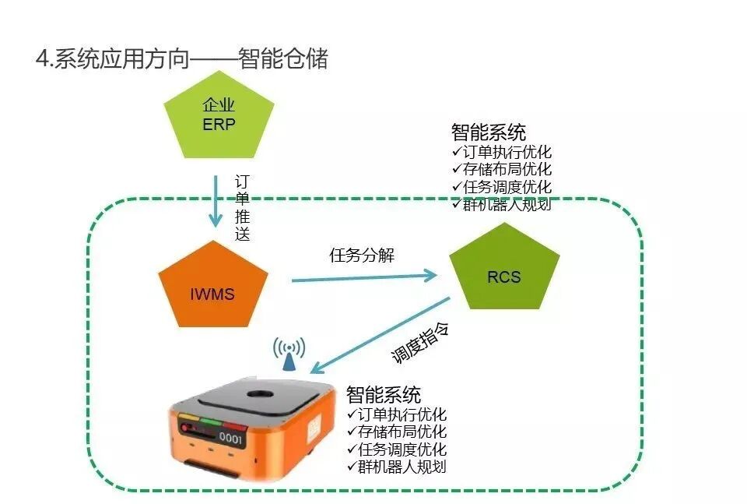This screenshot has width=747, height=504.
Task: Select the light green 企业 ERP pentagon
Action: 219,116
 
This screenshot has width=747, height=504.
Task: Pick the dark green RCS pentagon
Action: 505,275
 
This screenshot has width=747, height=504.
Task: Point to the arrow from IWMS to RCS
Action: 363,276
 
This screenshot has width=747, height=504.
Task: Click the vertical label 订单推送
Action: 243,207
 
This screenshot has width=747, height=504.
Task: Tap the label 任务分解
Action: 362,255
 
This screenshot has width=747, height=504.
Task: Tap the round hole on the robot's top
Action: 255,396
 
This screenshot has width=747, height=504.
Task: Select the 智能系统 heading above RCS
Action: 488,132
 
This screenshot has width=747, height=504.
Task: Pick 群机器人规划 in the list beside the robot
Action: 402,467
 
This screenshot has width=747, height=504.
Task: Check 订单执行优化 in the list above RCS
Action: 506,152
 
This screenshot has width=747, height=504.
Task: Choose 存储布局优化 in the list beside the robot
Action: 402,432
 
